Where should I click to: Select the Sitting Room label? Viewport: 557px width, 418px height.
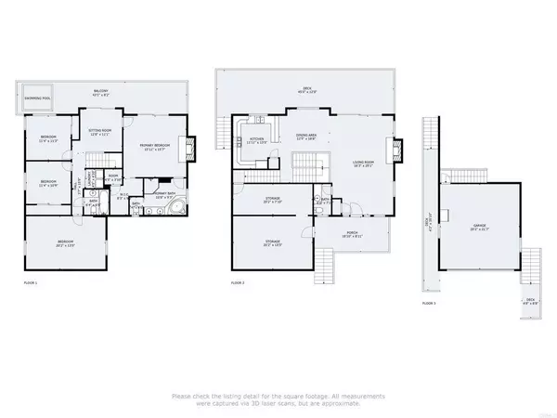(x=98, y=133)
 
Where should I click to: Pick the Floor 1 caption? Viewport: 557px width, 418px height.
(x=31, y=281)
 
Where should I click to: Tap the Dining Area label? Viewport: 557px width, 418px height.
(x=307, y=135)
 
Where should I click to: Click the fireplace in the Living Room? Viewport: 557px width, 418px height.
(x=398, y=149)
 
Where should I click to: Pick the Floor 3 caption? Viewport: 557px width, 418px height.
(x=429, y=302)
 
